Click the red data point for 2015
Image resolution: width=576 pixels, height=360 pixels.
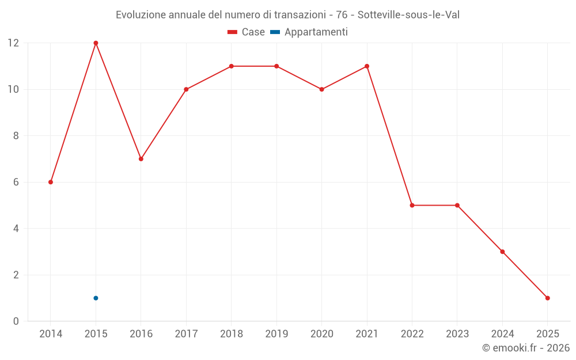point(96,43)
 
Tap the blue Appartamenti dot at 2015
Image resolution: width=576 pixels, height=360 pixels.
point(96,298)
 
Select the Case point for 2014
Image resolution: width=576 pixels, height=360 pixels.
point(51,182)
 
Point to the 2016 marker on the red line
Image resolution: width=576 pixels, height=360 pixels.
point(141,159)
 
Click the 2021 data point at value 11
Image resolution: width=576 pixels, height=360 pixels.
point(367,66)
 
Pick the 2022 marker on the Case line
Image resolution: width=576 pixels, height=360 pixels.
point(412,205)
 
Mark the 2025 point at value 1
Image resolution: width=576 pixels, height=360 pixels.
point(547,298)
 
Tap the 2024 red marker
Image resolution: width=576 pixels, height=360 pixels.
point(502,252)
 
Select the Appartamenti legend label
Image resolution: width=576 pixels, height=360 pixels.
point(316,32)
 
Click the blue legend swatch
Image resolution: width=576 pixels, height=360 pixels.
point(275,32)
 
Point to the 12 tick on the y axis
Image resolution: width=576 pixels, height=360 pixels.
point(13,43)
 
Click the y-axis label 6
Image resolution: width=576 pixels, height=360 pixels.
point(16,182)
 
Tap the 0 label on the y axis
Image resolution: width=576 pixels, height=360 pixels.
point(16,321)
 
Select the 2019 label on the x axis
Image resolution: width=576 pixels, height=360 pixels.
point(276,334)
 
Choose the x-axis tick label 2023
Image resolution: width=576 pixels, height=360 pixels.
point(457,334)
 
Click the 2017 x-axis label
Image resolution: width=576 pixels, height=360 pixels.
point(186,334)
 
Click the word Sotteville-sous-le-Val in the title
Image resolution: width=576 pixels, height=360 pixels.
point(408,15)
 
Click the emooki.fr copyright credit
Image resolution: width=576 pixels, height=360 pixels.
point(525,348)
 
